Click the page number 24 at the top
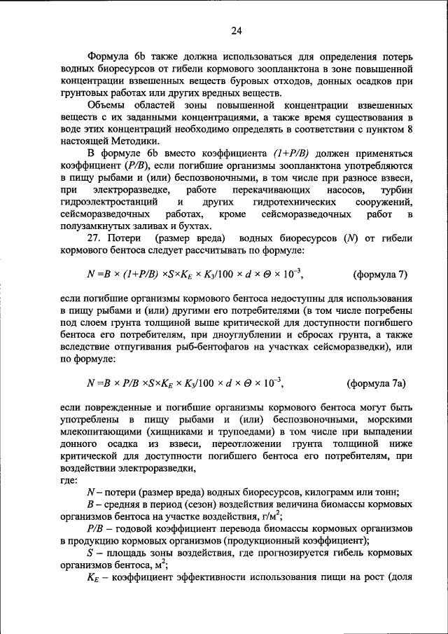(236, 31)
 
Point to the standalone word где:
(71, 479)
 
